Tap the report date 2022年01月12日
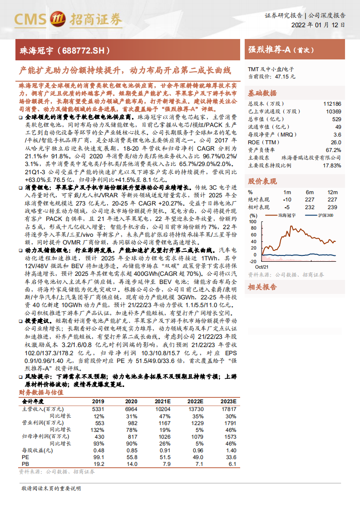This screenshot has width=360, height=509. [x=318, y=25]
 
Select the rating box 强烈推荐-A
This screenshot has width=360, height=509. [x=281, y=50]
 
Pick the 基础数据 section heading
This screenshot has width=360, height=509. [x=262, y=93]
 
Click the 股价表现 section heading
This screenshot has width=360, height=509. [x=262, y=181]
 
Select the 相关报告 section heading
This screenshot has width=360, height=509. [x=262, y=287]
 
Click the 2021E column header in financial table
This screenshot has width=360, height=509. [x=162, y=401]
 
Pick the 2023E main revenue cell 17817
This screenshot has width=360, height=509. [x=228, y=409]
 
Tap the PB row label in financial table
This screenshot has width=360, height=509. [x=25, y=464]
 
